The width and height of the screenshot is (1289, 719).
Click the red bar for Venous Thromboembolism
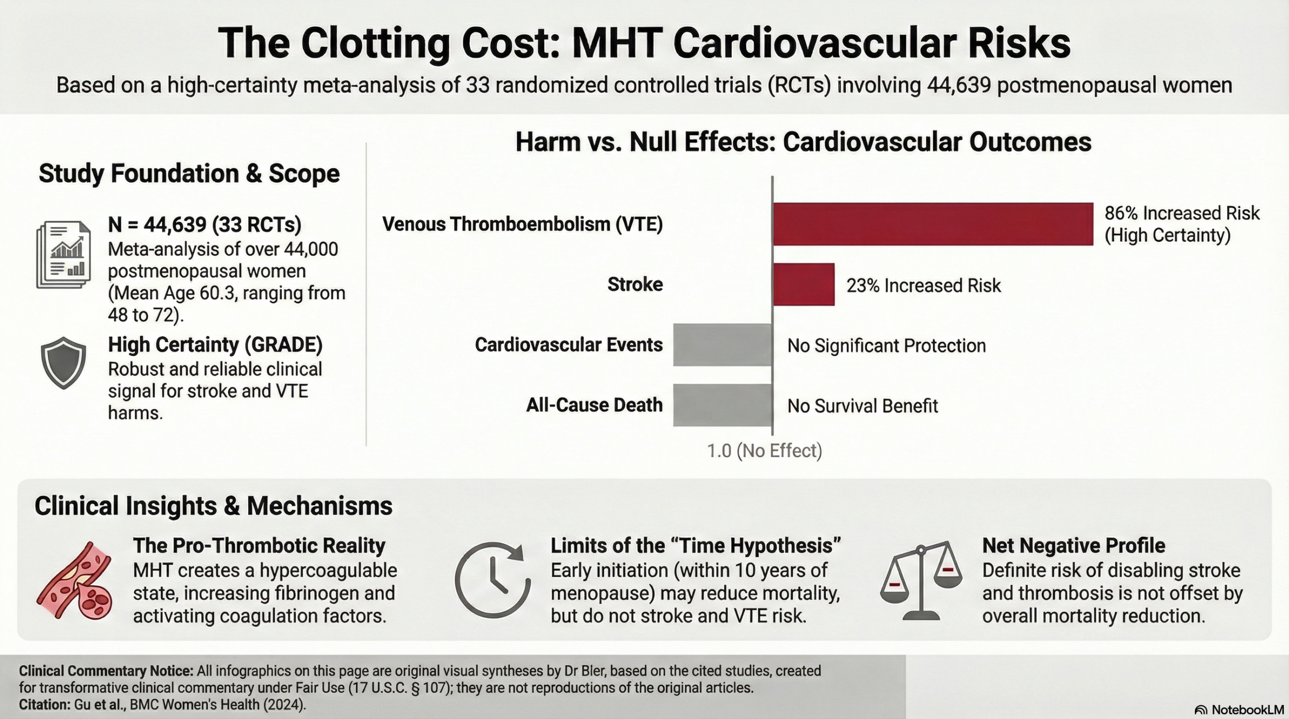tap(933, 224)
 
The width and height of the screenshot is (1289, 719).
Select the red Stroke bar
tap(804, 284)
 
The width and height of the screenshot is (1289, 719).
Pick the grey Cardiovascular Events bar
tap(723, 345)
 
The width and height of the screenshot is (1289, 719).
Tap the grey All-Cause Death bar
tap(723, 405)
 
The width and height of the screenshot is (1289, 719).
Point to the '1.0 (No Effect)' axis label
tap(764, 451)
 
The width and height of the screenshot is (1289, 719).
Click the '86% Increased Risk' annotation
tap(1181, 213)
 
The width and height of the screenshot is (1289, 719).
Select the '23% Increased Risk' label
tap(923, 286)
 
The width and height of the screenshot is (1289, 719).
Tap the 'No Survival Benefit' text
tap(863, 406)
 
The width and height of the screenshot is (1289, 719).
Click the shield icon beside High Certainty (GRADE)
tap(63, 363)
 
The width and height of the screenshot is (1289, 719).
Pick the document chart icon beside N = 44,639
tap(63, 256)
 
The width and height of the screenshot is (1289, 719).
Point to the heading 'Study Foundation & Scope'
tap(189, 174)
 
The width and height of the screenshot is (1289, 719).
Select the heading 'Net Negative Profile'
tap(1073, 545)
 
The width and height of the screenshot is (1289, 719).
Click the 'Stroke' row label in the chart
tap(635, 284)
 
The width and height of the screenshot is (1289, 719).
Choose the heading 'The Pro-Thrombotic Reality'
tap(259, 545)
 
